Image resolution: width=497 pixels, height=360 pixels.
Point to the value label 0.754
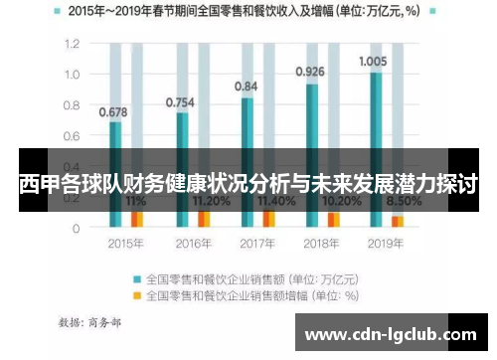[x=180, y=101]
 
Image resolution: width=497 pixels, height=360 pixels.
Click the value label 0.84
[x=246, y=87]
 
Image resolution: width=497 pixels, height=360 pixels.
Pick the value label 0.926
[x=310, y=72]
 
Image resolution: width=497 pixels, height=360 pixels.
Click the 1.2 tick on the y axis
[x=72, y=45]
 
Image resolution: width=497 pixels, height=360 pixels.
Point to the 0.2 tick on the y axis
[x=72, y=197]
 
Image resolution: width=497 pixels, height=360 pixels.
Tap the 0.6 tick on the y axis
[x=72, y=136]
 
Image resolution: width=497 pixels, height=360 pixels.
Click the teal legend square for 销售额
[x=137, y=279]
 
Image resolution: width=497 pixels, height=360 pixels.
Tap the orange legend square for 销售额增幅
[x=137, y=294]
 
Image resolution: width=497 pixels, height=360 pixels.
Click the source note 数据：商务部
[x=91, y=322]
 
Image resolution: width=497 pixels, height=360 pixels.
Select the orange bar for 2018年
[x=334, y=219]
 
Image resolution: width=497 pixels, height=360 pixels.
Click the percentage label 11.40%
[x=275, y=201]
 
